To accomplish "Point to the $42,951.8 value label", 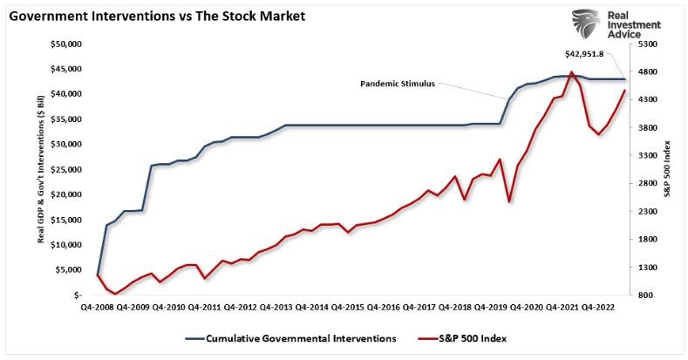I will [x=595, y=53].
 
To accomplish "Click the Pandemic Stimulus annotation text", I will [x=397, y=84].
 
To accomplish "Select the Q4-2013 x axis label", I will [x=276, y=308].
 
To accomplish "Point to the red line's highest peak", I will [x=570, y=72].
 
